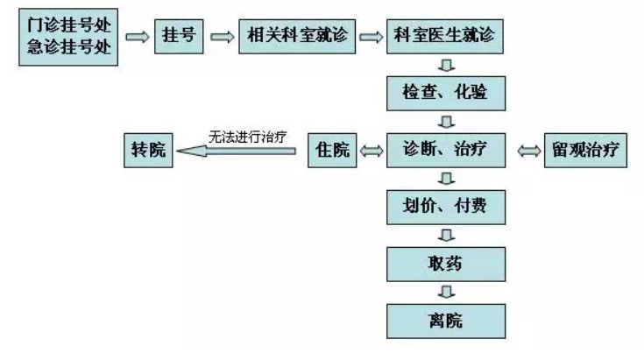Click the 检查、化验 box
point(446,94)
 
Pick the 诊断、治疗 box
point(446,151)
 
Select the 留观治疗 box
point(585,151)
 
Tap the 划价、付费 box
point(446,207)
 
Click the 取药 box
point(446,264)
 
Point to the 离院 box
point(446,320)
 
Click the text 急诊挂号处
point(67,48)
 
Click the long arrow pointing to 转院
point(237,152)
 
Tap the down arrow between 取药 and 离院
point(446,292)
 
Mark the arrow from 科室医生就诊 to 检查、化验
point(446,66)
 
